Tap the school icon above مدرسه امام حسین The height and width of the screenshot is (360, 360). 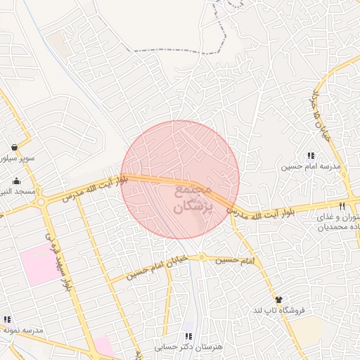310,156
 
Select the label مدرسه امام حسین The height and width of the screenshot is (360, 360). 310,167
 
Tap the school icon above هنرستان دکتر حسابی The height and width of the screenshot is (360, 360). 188,336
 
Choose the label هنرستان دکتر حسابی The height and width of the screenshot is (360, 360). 186,347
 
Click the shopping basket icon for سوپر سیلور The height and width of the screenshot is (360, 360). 14,148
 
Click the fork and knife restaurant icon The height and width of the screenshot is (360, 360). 342,206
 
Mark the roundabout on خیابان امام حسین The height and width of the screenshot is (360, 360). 202,257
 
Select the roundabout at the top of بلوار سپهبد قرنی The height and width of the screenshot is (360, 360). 42,202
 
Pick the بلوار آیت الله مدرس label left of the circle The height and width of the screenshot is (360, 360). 95,188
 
